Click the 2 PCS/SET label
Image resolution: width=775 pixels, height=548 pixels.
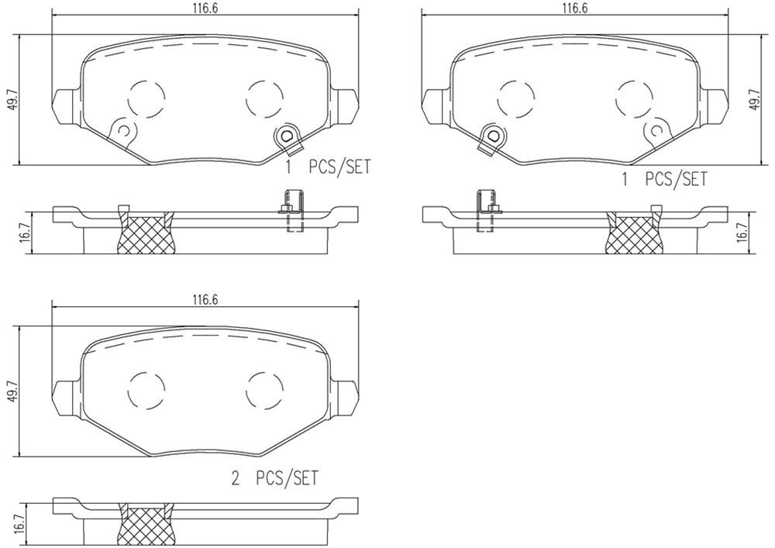coord(275,479)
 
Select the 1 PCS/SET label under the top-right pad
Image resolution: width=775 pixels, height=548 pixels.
coord(664,180)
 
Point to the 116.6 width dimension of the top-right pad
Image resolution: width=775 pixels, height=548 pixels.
coord(574,8)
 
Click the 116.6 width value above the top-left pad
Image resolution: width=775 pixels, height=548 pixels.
coord(205,8)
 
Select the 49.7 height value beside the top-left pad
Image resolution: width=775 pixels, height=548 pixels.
coord(11,99)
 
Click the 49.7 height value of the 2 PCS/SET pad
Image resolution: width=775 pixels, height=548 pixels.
coord(11,391)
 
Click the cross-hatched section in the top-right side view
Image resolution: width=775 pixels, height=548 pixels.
coord(635,233)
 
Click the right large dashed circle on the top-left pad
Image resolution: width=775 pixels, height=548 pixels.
coord(264,97)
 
